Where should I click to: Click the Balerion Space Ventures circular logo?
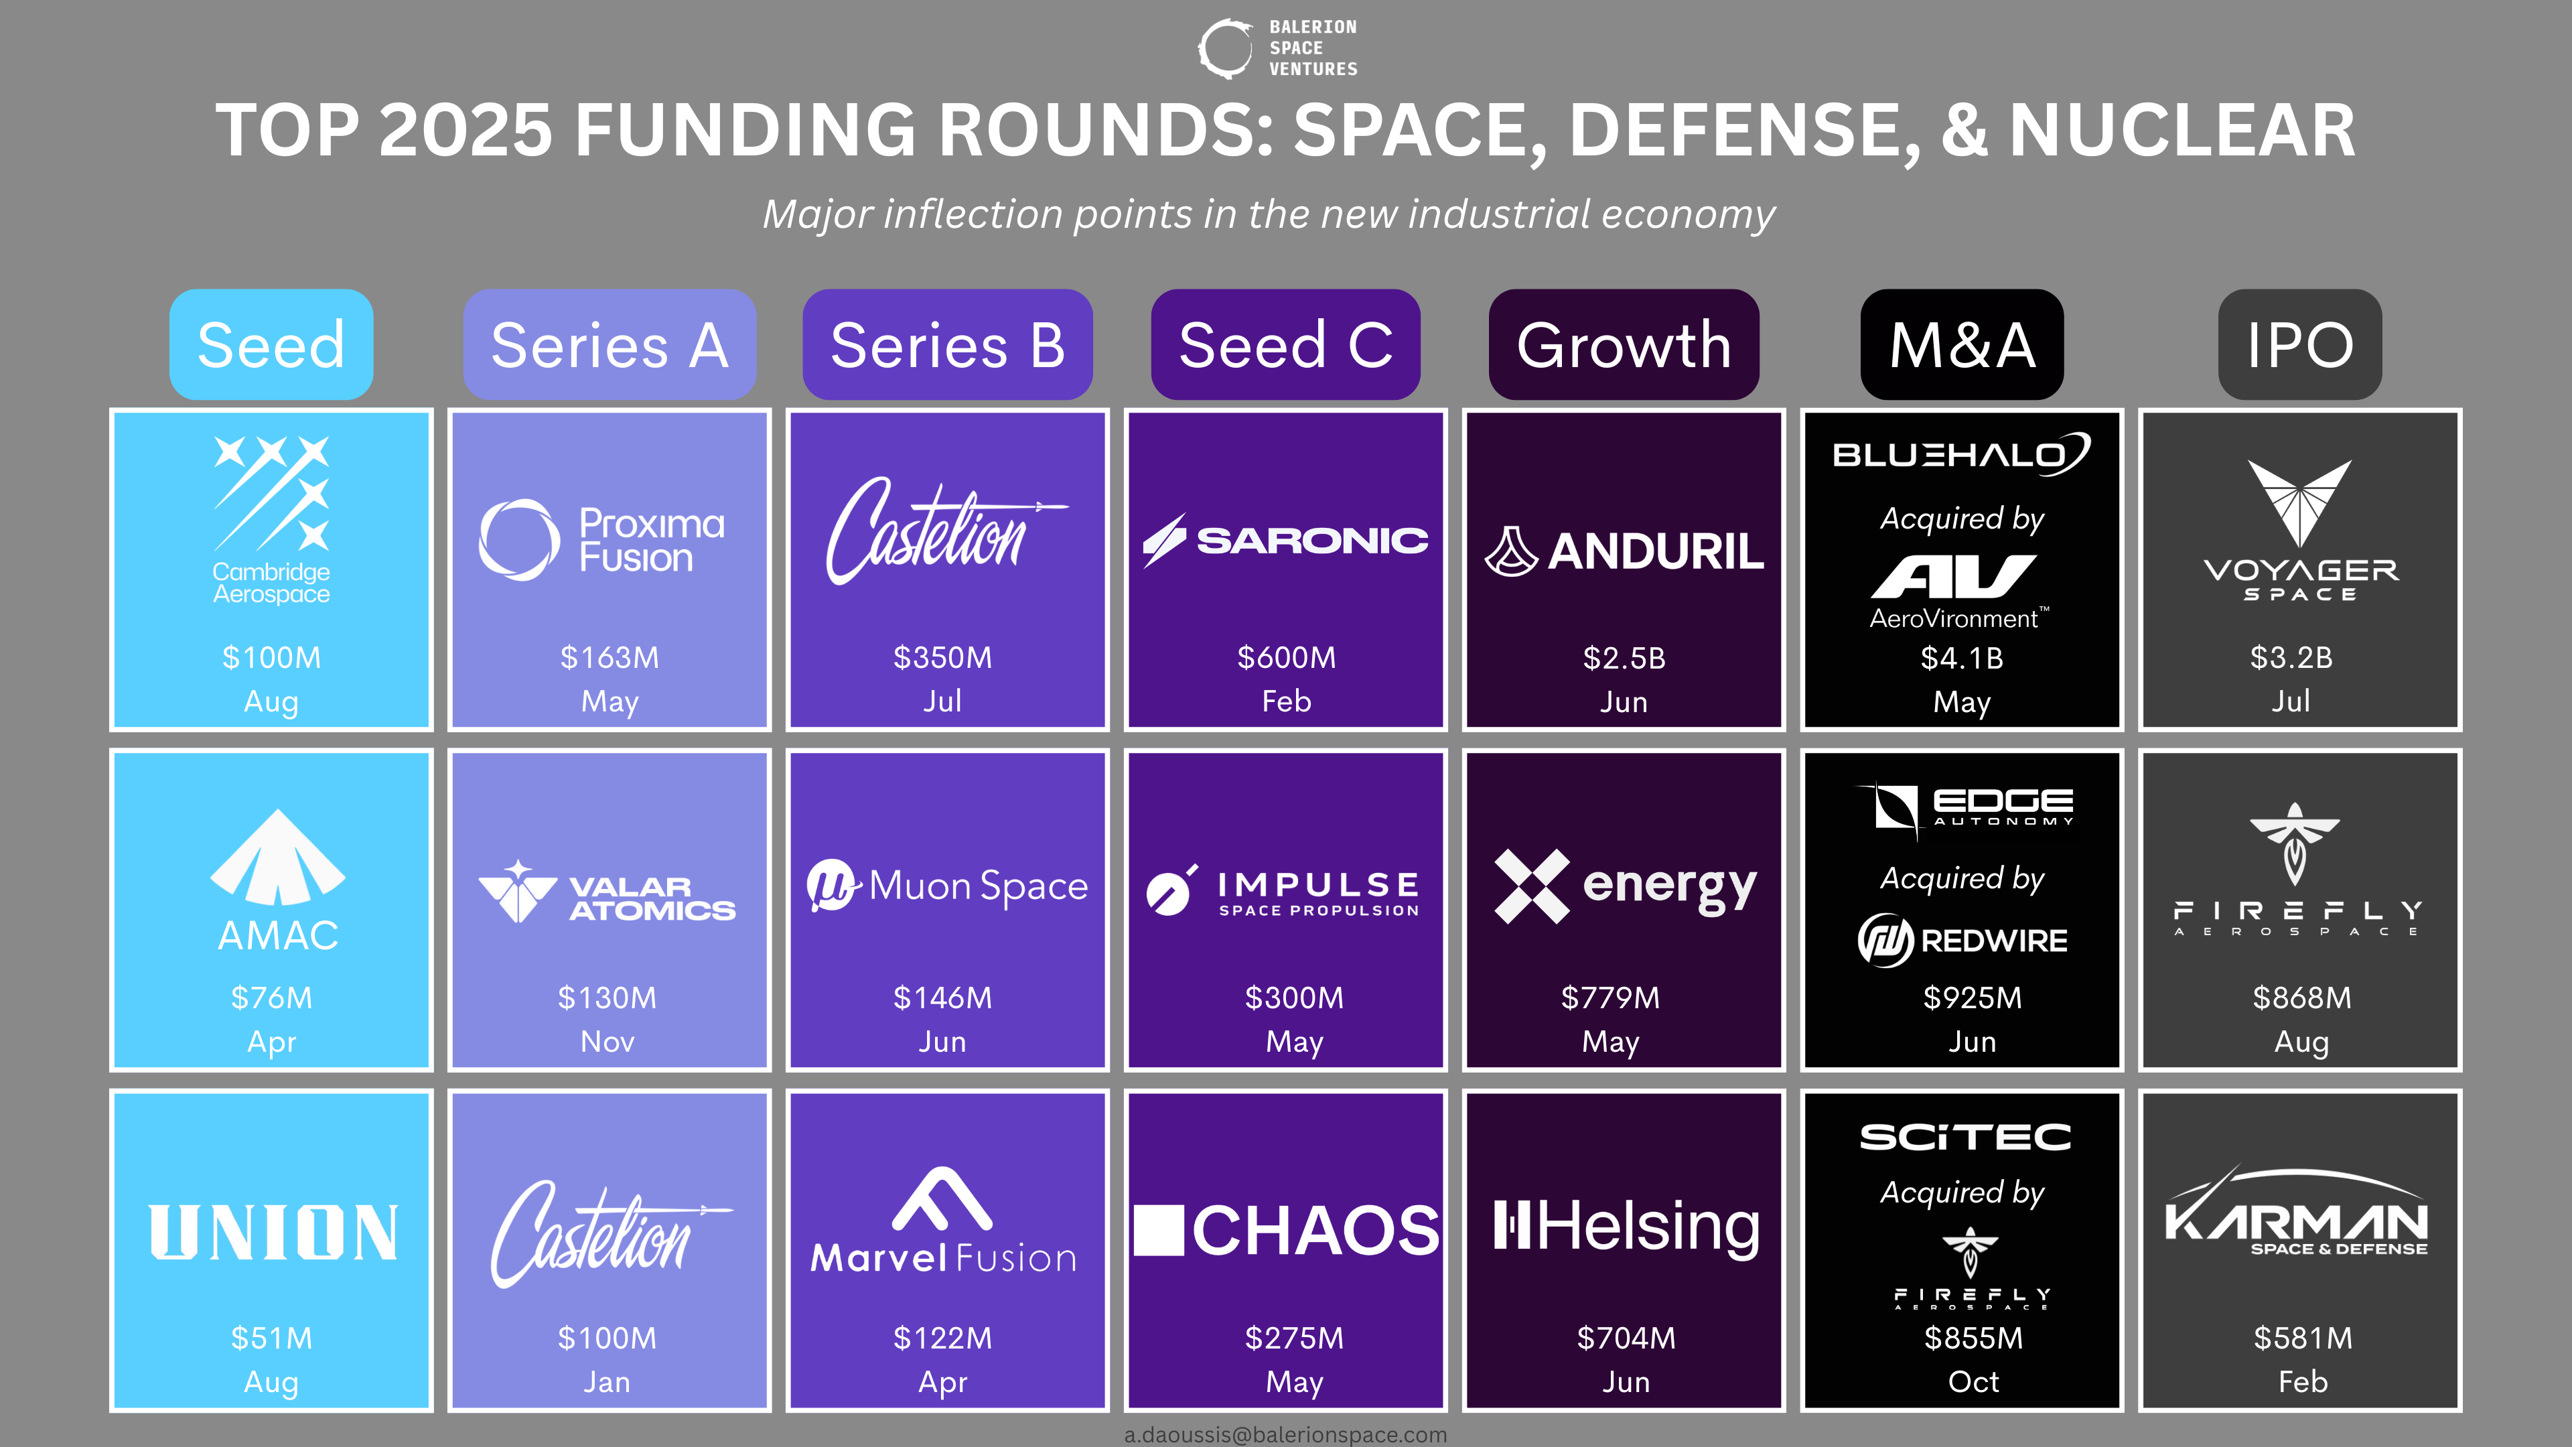point(1225,48)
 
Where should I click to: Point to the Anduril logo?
point(1624,551)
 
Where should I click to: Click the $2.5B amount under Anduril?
point(1624,658)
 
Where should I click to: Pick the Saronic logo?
point(1285,540)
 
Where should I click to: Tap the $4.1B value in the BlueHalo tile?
point(1962,658)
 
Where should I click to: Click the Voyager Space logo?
point(2299,529)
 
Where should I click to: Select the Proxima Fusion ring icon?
point(518,540)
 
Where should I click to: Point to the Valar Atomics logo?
point(607,892)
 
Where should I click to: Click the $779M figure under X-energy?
point(1610,997)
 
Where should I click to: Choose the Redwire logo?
point(1962,940)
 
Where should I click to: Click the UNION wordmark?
point(273,1233)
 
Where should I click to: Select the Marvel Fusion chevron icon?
point(942,1198)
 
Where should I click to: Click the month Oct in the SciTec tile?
point(1973,1381)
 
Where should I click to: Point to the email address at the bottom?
point(1285,1434)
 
